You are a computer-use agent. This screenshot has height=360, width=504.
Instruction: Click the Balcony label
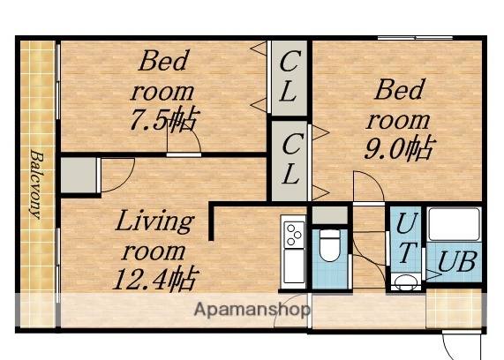pos(36,183)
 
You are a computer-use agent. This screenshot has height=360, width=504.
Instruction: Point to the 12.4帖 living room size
pos(154,279)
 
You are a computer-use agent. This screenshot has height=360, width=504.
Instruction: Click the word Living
pos(154,221)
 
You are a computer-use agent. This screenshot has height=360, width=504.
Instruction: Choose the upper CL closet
pos(289,77)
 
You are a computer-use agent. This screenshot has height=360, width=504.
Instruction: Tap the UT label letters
pos(406,236)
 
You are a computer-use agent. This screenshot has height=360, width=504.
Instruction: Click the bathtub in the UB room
pos(454,225)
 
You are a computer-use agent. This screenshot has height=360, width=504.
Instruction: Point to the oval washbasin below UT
pos(405,282)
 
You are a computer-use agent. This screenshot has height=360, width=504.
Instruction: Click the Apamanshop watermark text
pos(252,310)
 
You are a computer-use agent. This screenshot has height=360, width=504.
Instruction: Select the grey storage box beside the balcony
pos(77,175)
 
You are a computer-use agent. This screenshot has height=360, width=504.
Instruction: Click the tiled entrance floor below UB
pos(454,307)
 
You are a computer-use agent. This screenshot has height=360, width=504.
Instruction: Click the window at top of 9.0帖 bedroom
pos(415,37)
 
